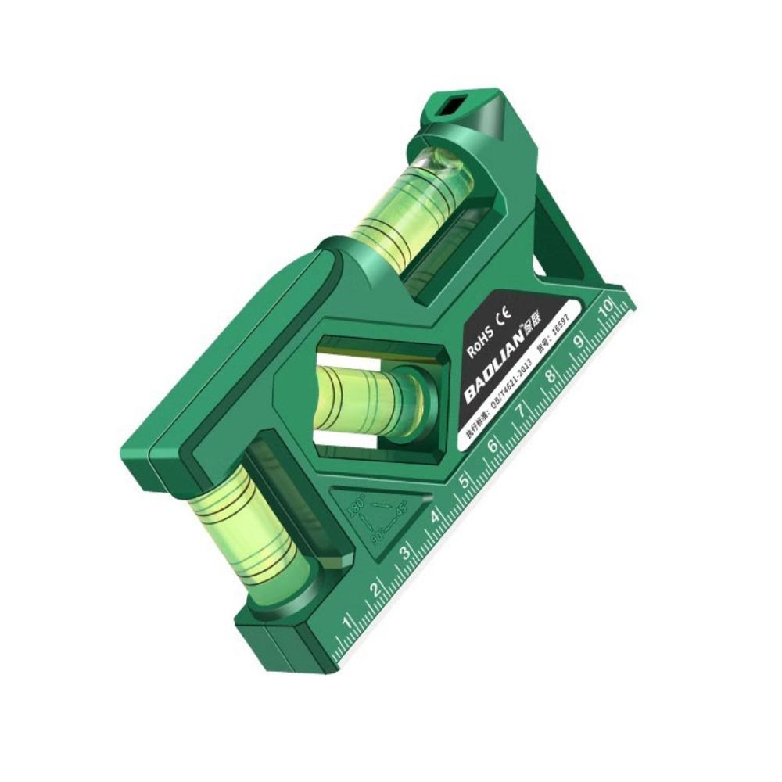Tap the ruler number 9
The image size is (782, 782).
[579, 341]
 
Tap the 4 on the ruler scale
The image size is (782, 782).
[435, 517]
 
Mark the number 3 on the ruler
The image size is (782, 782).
[405, 553]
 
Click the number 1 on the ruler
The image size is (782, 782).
[347, 622]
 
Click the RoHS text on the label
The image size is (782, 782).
[480, 343]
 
